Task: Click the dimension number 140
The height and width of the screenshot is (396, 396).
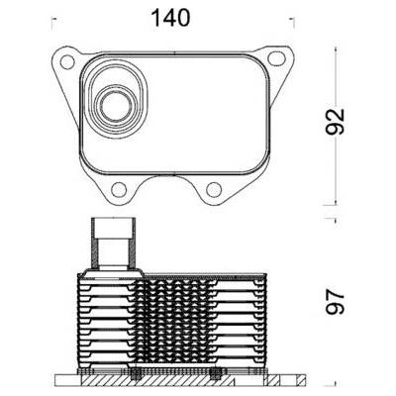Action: [170, 18]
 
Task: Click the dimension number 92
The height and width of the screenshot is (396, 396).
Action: [335, 122]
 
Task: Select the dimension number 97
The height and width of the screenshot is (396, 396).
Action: [335, 303]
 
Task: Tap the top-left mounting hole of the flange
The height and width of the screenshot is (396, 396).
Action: [67, 62]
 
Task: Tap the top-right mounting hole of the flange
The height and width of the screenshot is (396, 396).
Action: [276, 58]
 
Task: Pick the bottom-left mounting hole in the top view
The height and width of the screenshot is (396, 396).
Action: [119, 189]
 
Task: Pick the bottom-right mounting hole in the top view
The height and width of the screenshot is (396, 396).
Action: [214, 189]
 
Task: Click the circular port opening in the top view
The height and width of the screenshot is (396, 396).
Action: [115, 105]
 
